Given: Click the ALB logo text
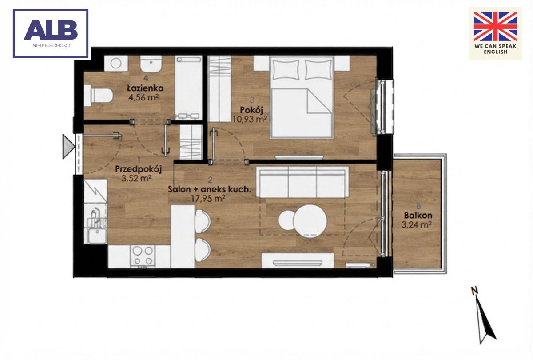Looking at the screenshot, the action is tap(51, 30).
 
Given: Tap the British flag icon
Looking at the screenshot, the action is tap(495, 27).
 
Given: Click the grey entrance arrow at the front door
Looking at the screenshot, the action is tap(68, 146).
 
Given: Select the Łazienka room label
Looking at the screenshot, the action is tap(145, 88).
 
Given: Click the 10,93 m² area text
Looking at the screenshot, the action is tap(250, 119).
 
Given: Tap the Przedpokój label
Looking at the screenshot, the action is tap(139, 169).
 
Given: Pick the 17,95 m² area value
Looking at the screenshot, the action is tap(208, 198).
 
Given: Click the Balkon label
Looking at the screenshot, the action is tap(418, 216).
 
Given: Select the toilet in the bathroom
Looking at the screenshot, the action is tap(99, 96).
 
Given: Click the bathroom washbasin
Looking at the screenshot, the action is tap(151, 64).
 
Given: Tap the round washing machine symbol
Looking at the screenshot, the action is tap(116, 63).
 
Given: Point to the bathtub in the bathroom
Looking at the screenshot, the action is tap(189, 88).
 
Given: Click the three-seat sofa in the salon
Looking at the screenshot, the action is tap(302, 182).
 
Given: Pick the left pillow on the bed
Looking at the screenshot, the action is tap(286, 69).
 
